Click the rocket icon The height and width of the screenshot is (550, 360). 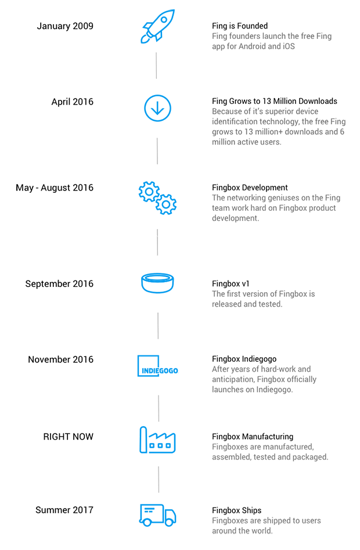click(157, 26)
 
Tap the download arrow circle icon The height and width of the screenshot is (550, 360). click(157, 107)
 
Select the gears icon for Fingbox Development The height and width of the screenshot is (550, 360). click(157, 197)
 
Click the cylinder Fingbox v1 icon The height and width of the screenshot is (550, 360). click(157, 284)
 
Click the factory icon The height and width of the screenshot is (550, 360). click(157, 441)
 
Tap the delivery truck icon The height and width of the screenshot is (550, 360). click(157, 514)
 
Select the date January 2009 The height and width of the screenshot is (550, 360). click(65, 26)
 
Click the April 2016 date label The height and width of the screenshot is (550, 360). click(72, 102)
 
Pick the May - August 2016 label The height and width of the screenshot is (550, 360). click(55, 188)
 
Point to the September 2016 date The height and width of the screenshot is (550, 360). click(59, 284)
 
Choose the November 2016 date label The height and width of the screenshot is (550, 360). click(60, 360)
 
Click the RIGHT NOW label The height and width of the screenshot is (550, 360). click(68, 437)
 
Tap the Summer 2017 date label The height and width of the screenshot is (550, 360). click(64, 510)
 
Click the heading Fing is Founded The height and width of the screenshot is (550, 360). click(240, 26)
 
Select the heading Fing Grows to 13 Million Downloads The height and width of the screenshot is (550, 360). click(274, 101)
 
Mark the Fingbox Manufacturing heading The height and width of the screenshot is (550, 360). click(253, 437)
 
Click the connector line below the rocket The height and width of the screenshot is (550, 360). click(156, 66)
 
